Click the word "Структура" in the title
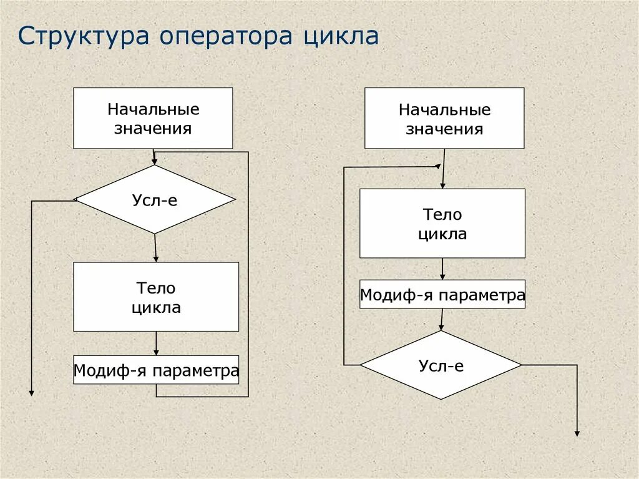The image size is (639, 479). (x=83, y=36)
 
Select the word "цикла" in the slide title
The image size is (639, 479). (x=341, y=36)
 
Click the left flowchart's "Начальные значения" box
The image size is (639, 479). (x=153, y=118)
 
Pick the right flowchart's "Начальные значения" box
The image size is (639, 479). (x=444, y=118)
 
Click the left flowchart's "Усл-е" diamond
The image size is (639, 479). (x=155, y=200)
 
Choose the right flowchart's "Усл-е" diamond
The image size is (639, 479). (x=441, y=365)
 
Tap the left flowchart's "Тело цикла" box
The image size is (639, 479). (x=156, y=297)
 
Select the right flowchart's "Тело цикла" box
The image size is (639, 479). (x=442, y=224)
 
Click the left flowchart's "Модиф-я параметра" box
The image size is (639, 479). (x=156, y=370)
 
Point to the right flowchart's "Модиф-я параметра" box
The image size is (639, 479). (x=442, y=294)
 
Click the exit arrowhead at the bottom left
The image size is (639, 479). (x=31, y=392)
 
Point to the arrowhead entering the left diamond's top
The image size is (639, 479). (x=154, y=161)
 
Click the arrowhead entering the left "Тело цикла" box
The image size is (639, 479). (x=156, y=258)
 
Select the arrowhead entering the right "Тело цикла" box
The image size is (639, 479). (x=442, y=185)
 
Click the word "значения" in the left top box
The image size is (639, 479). (x=153, y=129)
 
